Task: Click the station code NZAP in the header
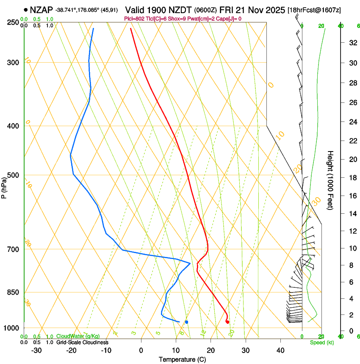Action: coord(42,10)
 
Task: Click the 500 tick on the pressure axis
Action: coord(13,175)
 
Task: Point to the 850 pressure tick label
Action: coord(13,292)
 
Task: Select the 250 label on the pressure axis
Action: coord(13,22)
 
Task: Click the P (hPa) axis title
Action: coord(4,187)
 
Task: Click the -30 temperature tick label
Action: coord(36,350)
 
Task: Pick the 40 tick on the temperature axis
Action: coord(280,350)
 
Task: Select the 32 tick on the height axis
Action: coord(352,43)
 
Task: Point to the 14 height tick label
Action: coord(352,214)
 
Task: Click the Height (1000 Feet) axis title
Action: coord(330,180)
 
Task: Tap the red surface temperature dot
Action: coord(227,322)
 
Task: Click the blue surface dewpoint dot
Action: coord(186,322)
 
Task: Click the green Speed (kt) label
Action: coord(321,342)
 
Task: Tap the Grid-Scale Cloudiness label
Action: coord(82,342)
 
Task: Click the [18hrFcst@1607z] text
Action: coord(314,10)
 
